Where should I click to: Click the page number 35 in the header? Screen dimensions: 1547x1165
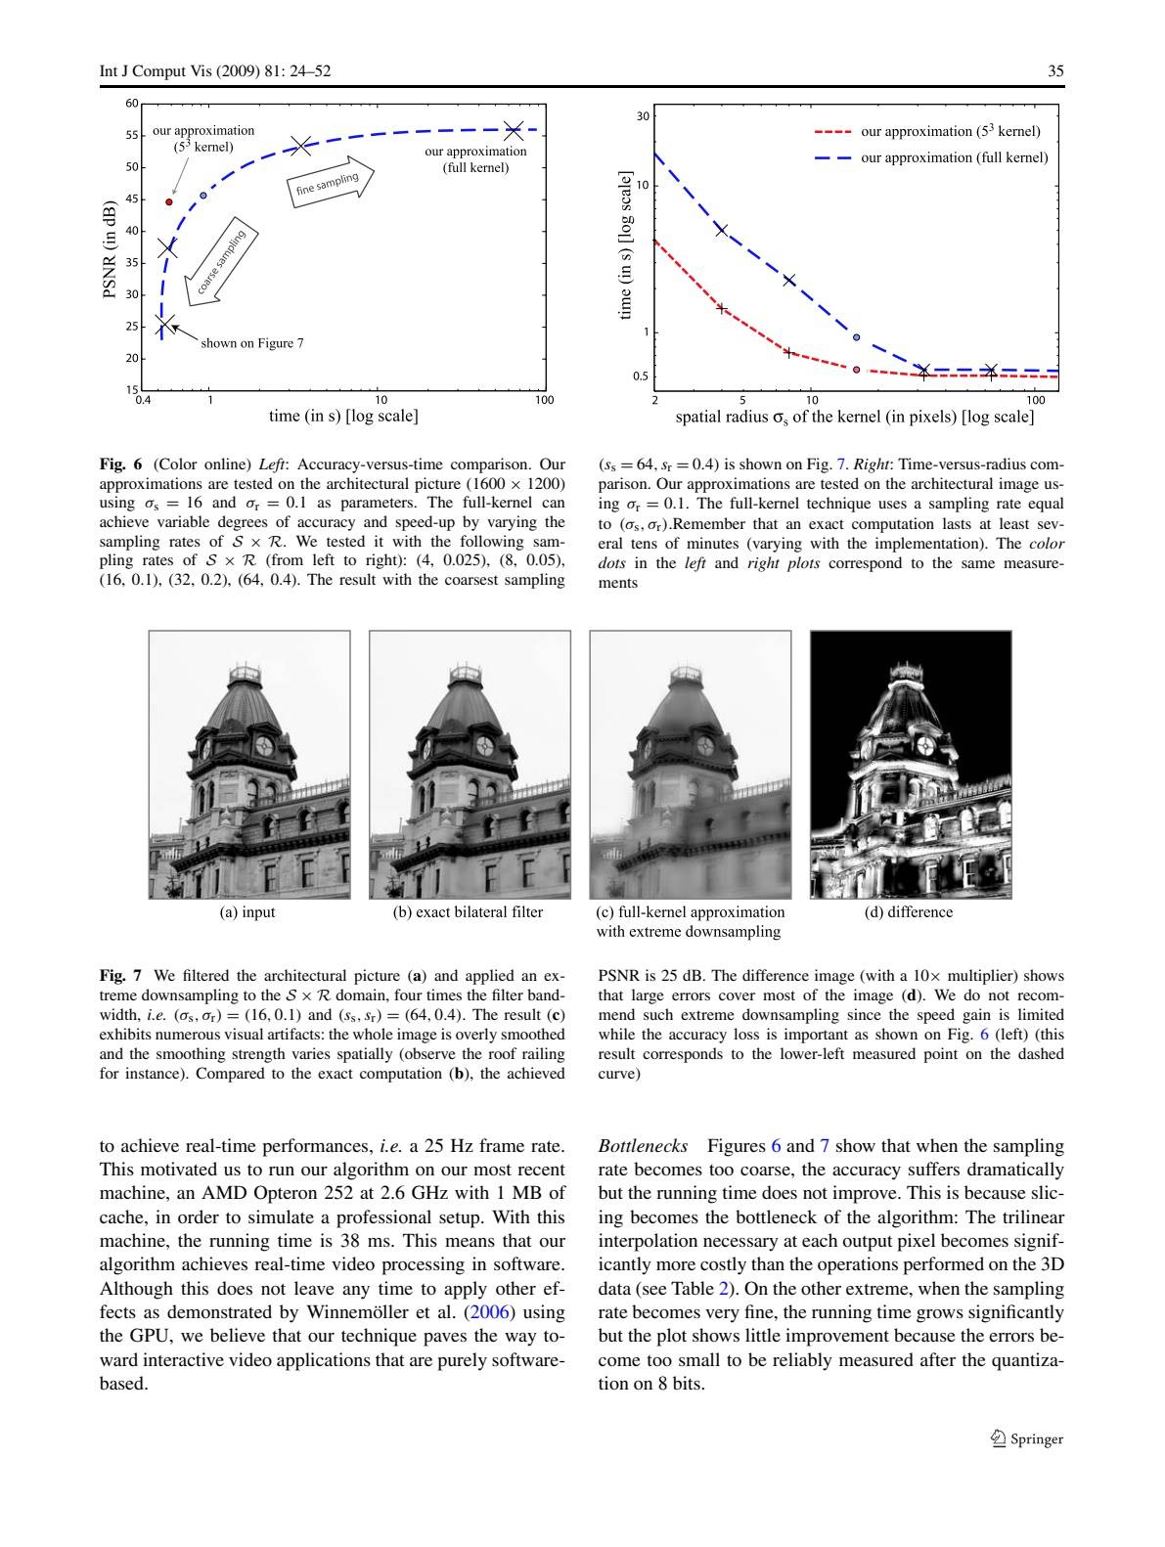[1055, 71]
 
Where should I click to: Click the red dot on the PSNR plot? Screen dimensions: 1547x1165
[169, 201]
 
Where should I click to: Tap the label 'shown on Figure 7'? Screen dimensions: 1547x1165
[252, 343]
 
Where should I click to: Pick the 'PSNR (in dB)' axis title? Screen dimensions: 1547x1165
[110, 249]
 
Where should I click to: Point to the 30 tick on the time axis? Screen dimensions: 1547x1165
[644, 116]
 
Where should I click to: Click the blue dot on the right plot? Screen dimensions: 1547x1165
[856, 337]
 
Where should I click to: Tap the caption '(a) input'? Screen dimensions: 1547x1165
[246, 912]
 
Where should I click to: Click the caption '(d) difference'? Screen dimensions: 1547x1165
[909, 912]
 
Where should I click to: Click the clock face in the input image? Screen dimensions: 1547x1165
[264, 745]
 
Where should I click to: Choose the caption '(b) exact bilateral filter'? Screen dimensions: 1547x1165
[468, 912]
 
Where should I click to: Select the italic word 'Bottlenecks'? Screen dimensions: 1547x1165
[643, 1145]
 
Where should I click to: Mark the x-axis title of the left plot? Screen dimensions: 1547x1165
[343, 416]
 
